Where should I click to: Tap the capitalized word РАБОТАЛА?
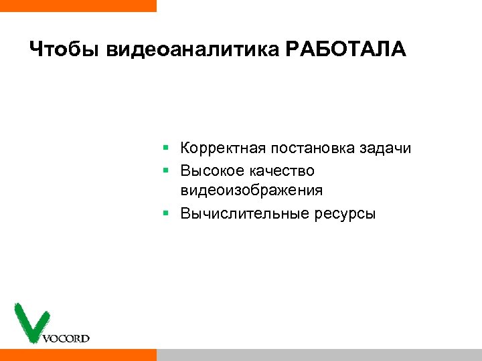(345, 50)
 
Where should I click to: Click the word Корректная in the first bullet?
(224, 148)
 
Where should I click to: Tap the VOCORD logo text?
(66, 338)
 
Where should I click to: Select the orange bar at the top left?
(78, 5)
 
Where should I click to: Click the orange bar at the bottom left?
(78, 354)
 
